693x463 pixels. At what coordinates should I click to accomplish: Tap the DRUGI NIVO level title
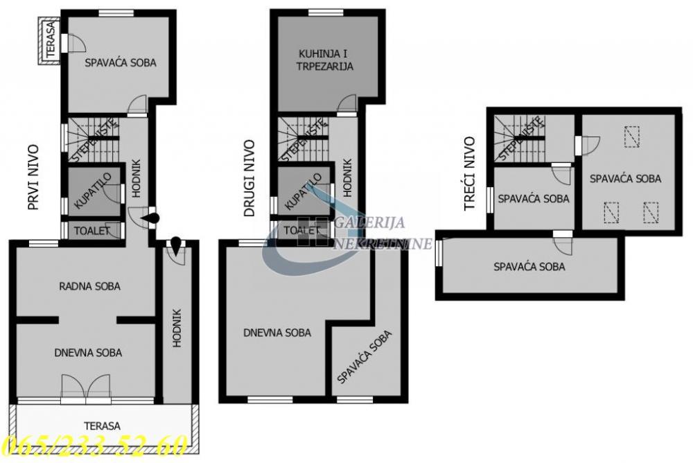point(250,179)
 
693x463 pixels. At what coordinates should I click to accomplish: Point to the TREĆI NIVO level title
point(469,173)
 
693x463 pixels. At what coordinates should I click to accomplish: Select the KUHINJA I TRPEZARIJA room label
point(326,60)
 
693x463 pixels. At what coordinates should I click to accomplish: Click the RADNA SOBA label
point(89,286)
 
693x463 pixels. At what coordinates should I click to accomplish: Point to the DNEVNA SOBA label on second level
point(277,333)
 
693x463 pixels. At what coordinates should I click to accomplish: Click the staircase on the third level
point(521,137)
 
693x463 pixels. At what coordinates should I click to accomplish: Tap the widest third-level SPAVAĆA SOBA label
point(529,266)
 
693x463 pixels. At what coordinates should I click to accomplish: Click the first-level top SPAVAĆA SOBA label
point(121,62)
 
